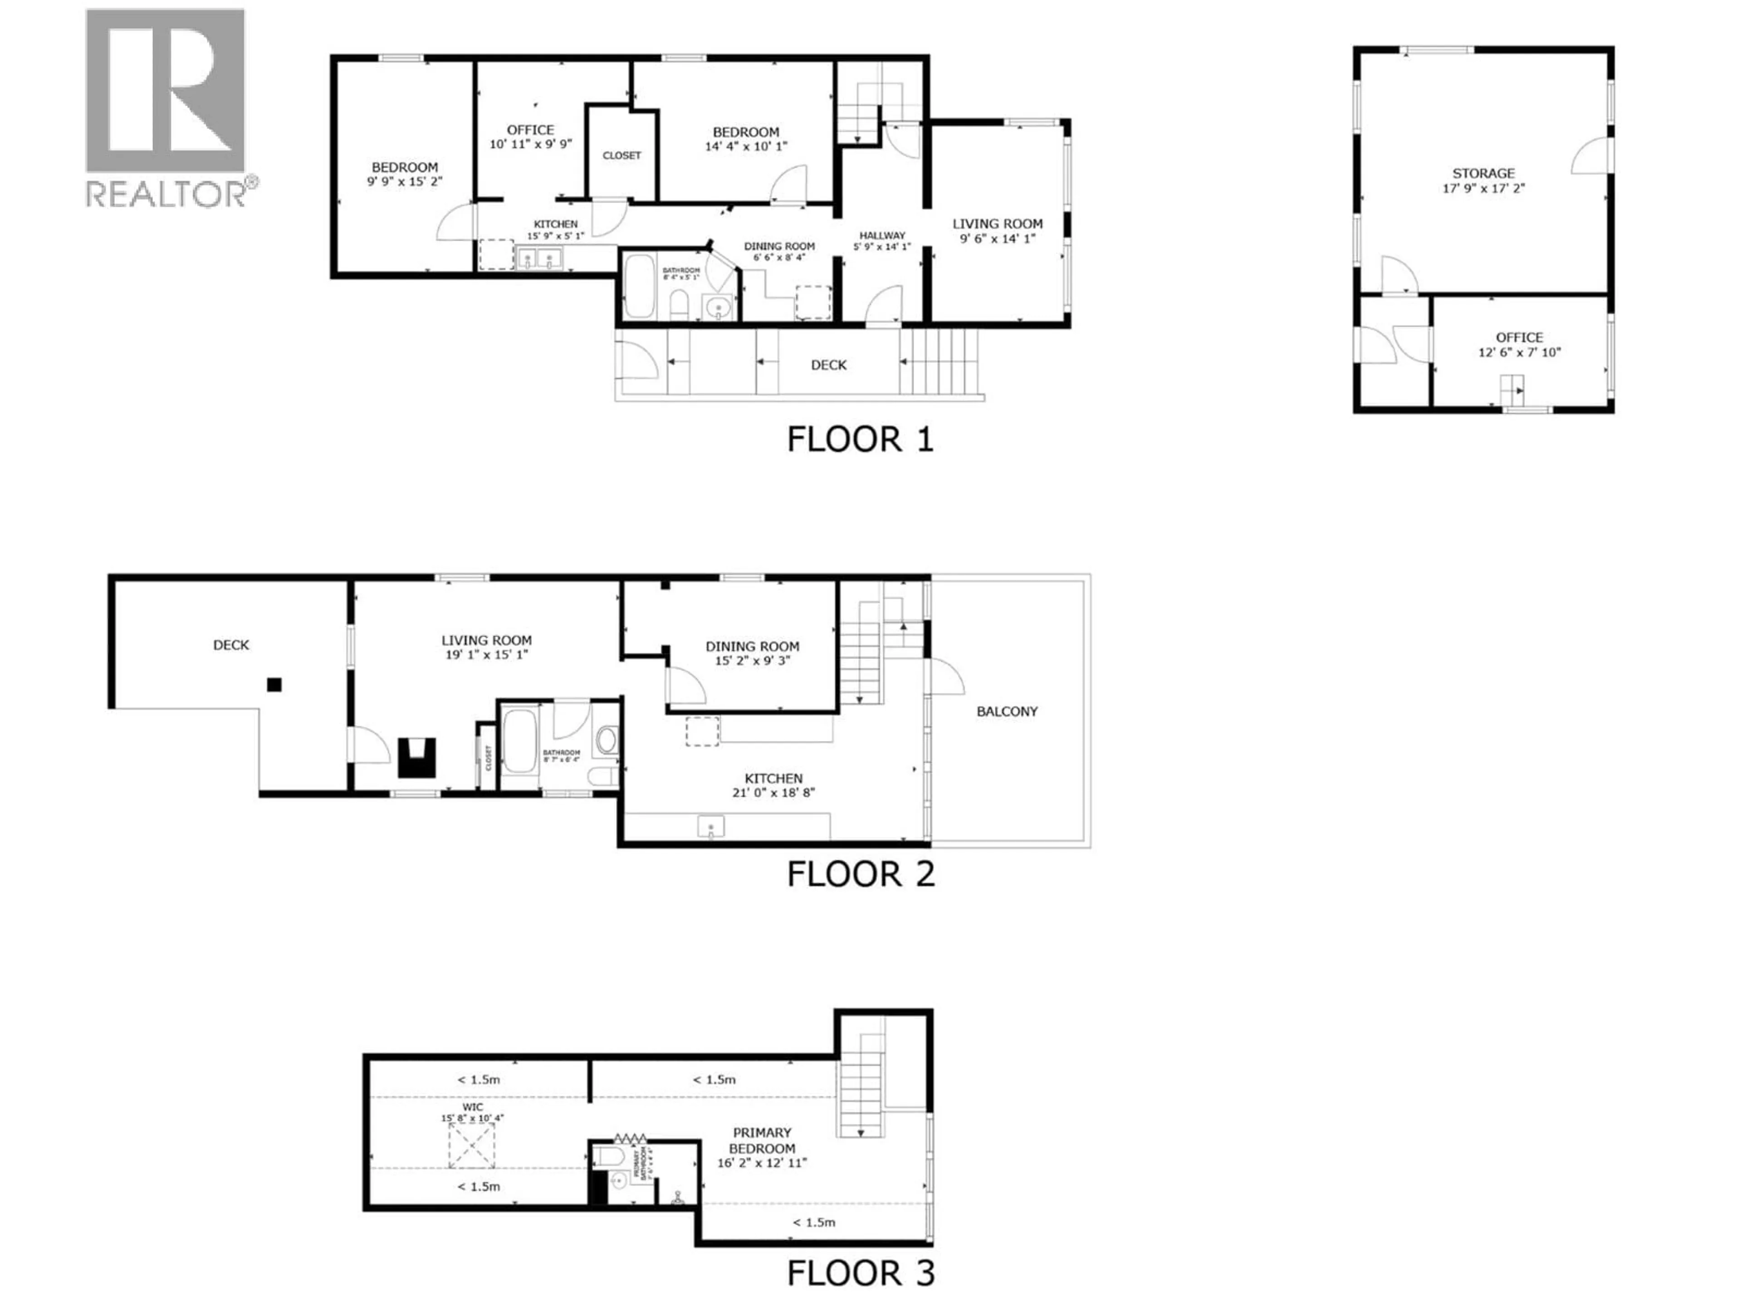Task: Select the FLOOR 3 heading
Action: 860,1273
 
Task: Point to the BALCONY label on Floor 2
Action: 1007,711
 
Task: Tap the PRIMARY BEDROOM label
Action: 762,1140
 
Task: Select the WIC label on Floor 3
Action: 473,1107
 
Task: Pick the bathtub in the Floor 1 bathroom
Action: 639,285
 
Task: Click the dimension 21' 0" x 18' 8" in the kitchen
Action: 773,793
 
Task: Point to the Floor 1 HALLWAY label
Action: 882,235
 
